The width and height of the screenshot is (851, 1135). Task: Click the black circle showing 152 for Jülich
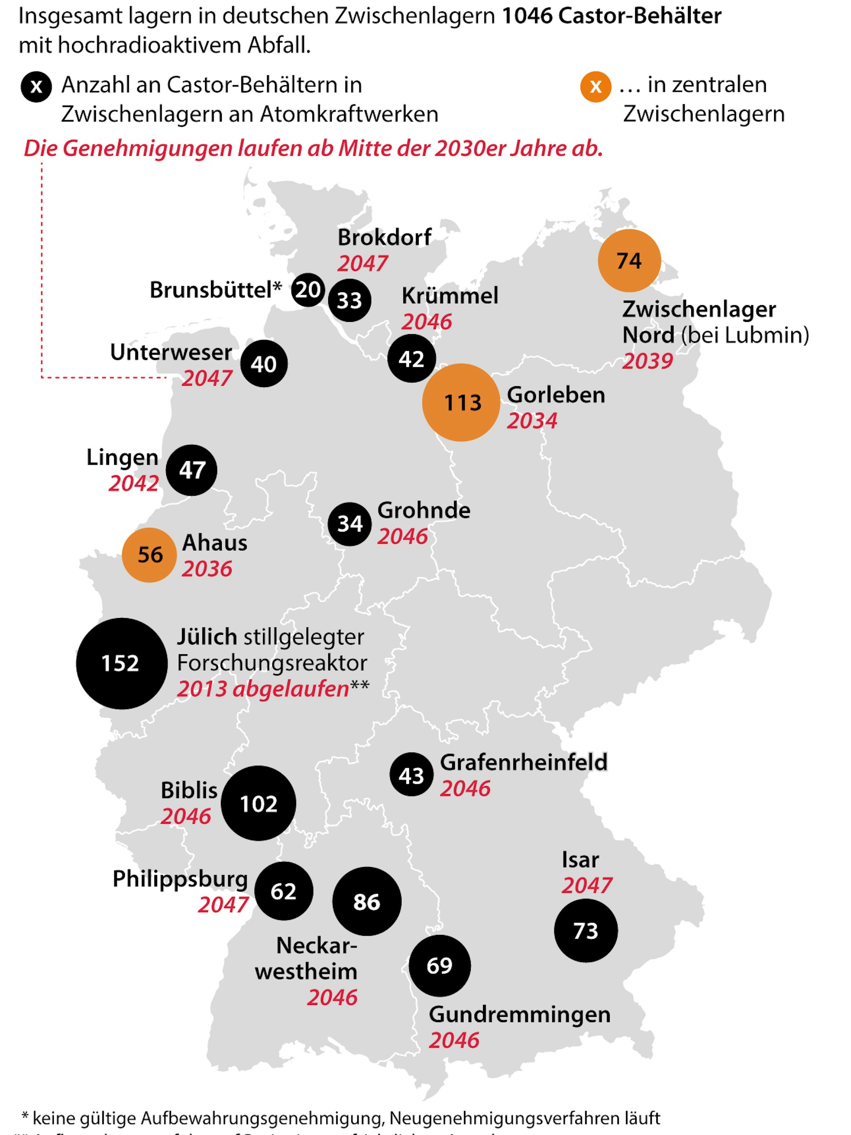[122, 663]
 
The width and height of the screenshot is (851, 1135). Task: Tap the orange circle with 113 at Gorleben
[461, 402]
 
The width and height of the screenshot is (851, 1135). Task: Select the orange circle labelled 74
[629, 261]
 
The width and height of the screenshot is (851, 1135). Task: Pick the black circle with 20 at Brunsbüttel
[308, 290]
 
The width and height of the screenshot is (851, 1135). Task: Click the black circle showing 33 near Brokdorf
[349, 300]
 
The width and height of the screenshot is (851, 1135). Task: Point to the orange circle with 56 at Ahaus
[149, 555]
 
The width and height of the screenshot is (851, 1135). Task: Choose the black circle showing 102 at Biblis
[258, 804]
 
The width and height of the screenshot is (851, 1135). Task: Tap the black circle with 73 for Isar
[585, 931]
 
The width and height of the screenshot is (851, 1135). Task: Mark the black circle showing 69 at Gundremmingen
[440, 966]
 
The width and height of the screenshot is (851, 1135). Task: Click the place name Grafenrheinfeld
[523, 762]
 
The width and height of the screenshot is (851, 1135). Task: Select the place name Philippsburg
[180, 879]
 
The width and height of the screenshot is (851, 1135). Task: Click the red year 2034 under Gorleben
[532, 421]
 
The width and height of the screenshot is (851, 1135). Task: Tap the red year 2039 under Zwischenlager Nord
[647, 361]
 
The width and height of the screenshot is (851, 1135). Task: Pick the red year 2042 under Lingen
[134, 484]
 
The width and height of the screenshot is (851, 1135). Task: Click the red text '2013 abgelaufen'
[263, 689]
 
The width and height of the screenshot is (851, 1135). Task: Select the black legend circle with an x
[36, 87]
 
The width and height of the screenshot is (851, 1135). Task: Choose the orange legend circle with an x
[596, 87]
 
